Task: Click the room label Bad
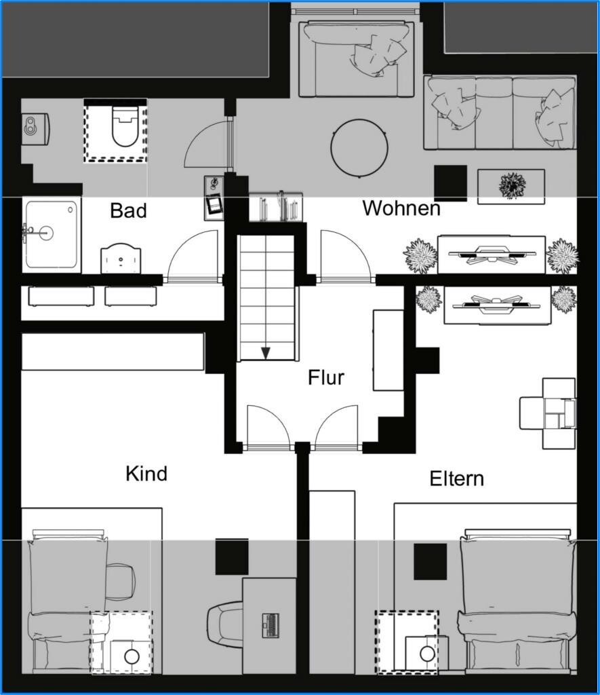(x=128, y=210)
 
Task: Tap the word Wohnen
(x=401, y=208)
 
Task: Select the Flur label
(x=326, y=377)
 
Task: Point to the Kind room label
(x=146, y=474)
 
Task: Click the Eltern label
(x=456, y=478)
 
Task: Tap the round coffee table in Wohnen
(x=359, y=149)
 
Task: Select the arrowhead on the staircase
(x=266, y=353)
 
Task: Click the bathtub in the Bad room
(x=52, y=234)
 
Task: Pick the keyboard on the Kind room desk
(x=271, y=625)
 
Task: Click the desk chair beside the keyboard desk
(x=225, y=625)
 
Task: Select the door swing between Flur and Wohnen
(x=345, y=256)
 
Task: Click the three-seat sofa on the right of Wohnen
(x=500, y=113)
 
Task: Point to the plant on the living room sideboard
(x=513, y=185)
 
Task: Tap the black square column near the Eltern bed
(x=430, y=561)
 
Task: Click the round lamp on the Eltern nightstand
(x=427, y=654)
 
